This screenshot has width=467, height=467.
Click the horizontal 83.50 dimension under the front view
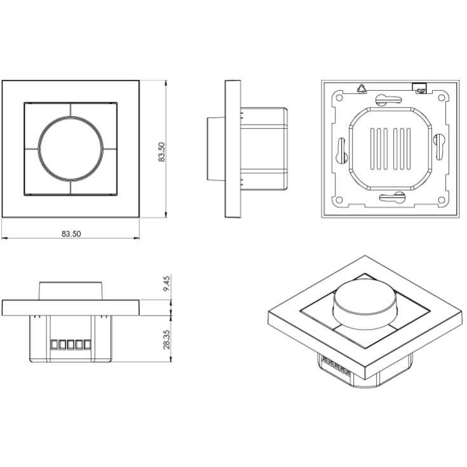(x=71, y=234)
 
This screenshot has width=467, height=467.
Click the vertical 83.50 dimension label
(x=161, y=152)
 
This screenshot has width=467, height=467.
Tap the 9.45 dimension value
(x=166, y=283)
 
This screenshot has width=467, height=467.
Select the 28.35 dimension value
(x=166, y=339)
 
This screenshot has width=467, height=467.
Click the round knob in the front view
(x=71, y=148)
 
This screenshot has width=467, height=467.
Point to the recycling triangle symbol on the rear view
(x=362, y=89)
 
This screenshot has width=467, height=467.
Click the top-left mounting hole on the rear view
(x=339, y=97)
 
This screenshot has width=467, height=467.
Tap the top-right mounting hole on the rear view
(x=442, y=97)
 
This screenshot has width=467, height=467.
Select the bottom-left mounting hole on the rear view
(x=339, y=200)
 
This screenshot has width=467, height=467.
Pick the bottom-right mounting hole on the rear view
(x=442, y=200)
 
